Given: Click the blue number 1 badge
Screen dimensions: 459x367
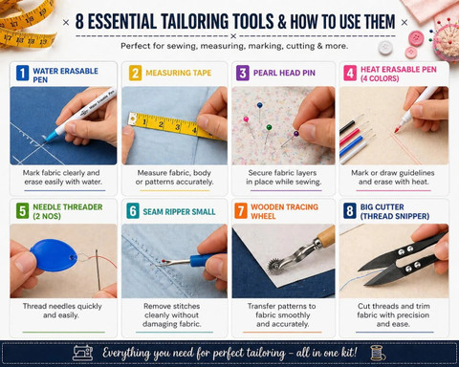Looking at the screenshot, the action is tap(22, 73).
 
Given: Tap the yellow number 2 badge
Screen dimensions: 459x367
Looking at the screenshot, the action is tap(135, 73).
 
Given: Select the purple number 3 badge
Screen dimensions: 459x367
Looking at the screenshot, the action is tap(243, 73).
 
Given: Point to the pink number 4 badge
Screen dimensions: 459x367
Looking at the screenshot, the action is tap(350, 73).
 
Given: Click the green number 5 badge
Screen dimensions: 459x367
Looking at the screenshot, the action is tap(22, 211).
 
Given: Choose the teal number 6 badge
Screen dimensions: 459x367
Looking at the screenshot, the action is tap(133, 211).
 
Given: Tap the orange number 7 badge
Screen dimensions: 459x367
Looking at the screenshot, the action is tap(241, 211).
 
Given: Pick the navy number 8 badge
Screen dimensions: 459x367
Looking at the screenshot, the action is tap(350, 211).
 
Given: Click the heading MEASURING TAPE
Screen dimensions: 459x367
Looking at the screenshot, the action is tap(179, 73).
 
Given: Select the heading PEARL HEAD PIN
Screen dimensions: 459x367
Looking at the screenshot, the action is tap(284, 73).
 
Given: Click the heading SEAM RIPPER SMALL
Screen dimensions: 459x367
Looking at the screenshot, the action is tap(179, 212).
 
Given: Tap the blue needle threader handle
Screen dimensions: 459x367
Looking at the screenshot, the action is tap(54, 255).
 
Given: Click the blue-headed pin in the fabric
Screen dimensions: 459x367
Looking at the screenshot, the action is tap(260, 105).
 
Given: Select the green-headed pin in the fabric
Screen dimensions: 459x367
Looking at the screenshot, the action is tap(269, 127).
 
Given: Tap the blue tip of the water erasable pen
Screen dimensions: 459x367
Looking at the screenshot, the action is tap(51, 137).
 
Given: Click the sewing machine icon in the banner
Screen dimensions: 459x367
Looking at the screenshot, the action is tap(83, 353).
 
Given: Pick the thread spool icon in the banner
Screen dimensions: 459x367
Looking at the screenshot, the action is tap(378, 353).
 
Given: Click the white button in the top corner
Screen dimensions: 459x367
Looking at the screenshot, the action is tap(385, 48).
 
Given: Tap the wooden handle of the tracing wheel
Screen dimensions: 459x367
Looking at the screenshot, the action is tap(326, 236).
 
